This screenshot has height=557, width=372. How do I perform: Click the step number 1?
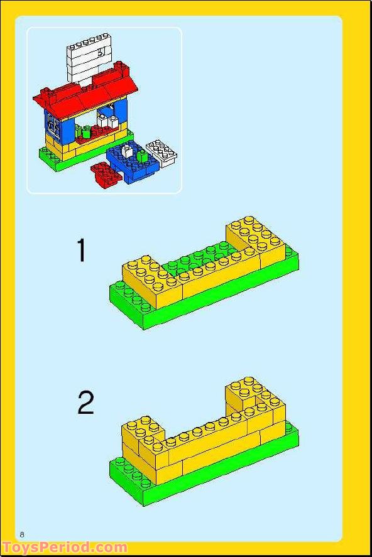click(81, 251)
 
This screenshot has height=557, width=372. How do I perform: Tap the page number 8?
click(22, 534)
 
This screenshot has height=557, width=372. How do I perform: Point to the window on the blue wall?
click(53, 128)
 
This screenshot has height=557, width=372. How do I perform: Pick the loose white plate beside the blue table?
click(161, 153)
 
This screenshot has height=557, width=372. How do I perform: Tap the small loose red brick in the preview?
click(104, 173)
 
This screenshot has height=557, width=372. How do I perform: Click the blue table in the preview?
click(132, 165)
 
